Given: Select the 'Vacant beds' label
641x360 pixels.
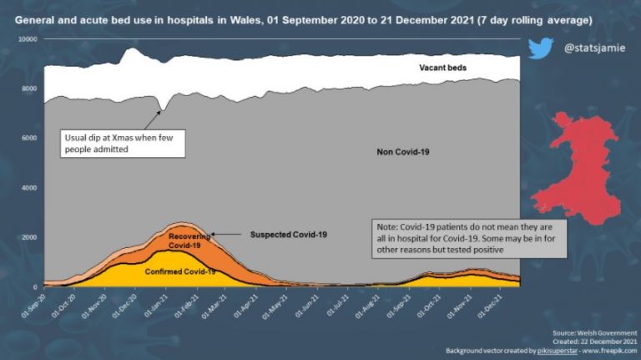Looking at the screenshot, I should click(x=442, y=66).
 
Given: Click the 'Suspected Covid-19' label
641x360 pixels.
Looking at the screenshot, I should click(x=289, y=235).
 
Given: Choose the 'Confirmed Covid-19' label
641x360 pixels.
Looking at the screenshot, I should click(x=181, y=272).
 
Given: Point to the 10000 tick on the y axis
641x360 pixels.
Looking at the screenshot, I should click(x=28, y=39).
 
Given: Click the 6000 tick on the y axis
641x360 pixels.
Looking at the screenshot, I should click(x=29, y=139).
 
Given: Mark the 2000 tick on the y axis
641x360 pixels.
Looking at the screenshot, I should click(x=29, y=237).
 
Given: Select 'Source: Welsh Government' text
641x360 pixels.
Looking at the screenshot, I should click(x=598, y=332).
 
